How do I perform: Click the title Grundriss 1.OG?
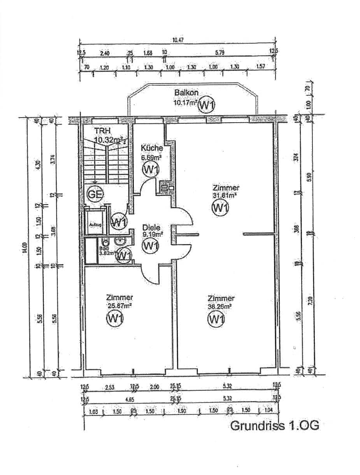(275, 425)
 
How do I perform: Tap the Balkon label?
(186, 93)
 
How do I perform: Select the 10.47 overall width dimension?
(178, 39)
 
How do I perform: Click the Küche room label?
(152, 148)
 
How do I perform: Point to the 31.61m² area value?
(225, 195)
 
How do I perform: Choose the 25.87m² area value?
(120, 306)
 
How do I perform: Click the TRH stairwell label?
(100, 130)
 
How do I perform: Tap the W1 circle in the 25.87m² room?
(115, 319)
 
